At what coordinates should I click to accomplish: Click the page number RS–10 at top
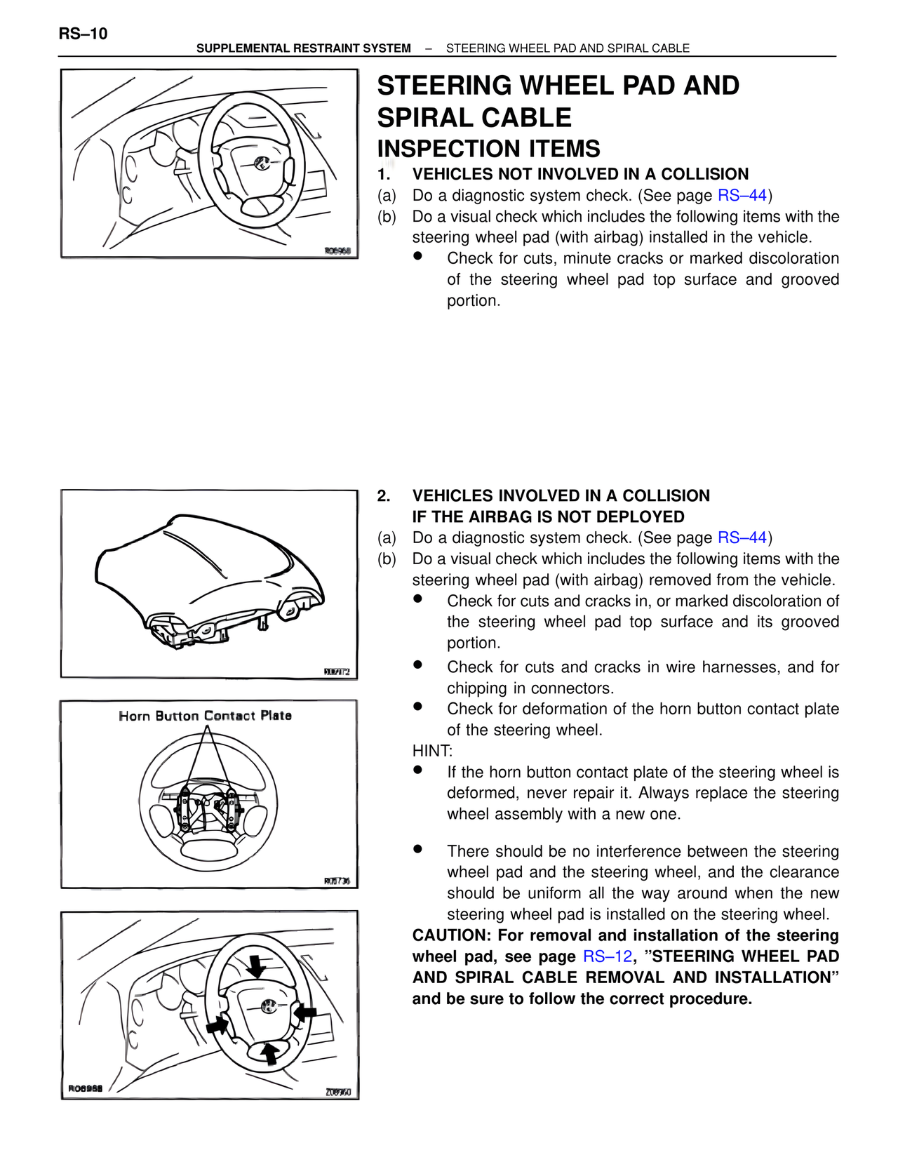tap(83, 34)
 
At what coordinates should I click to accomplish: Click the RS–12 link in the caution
tap(607, 956)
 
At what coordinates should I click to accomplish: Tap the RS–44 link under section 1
tap(742, 195)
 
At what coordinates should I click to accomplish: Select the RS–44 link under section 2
tap(742, 537)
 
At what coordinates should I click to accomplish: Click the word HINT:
tap(432, 751)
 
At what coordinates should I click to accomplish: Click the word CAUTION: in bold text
tap(450, 935)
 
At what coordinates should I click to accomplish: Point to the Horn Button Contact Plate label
tap(205, 716)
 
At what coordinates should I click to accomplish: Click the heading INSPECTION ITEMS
tap(488, 149)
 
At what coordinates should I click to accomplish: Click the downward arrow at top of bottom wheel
tap(257, 965)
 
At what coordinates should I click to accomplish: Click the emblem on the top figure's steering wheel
tap(261, 163)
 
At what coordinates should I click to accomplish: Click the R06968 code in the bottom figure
tap(85, 1088)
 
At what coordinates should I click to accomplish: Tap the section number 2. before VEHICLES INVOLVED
tap(384, 495)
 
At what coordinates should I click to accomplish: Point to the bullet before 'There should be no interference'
tap(417, 848)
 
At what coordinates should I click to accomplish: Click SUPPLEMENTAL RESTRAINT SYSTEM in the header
tap(303, 48)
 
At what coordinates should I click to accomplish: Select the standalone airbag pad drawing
tap(209, 579)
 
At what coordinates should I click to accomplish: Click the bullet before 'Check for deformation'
tap(417, 707)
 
